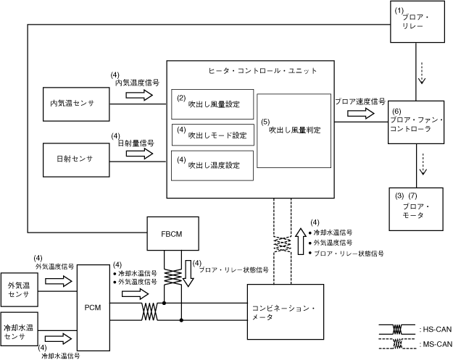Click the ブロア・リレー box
(417, 22)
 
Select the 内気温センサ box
(76, 104)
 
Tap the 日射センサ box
(76, 160)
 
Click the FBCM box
(173, 233)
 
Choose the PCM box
(93, 308)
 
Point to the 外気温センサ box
(20, 290)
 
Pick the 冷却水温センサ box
(20, 329)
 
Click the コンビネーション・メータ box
(286, 311)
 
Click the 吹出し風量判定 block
(294, 130)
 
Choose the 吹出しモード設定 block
(213, 135)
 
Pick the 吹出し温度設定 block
(212, 166)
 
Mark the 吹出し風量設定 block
(212, 104)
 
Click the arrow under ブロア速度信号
(361, 113)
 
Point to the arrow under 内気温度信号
(139, 95)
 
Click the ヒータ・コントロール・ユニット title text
(262, 71)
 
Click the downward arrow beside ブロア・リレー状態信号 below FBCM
(188, 273)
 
